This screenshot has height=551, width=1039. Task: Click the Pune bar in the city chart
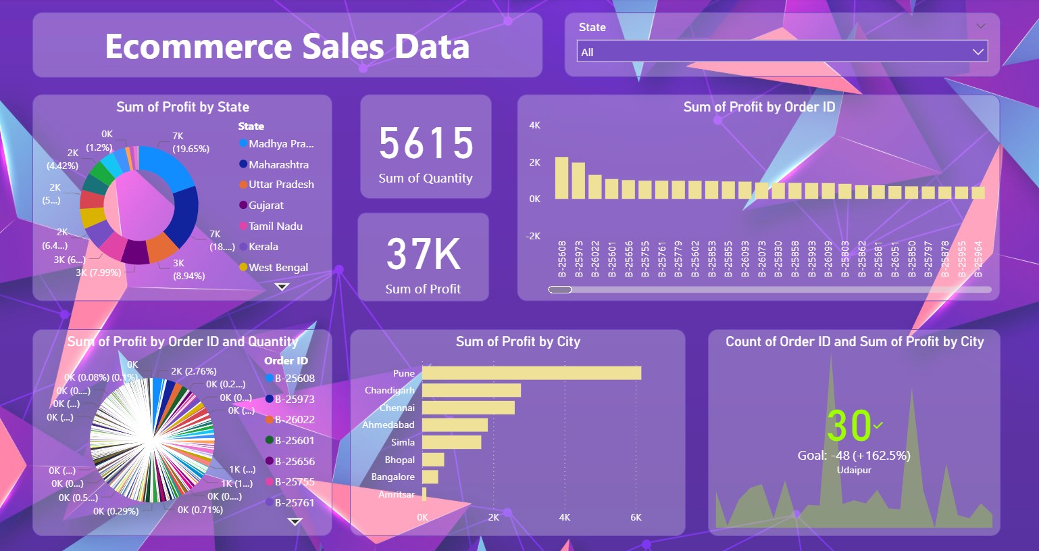point(531,373)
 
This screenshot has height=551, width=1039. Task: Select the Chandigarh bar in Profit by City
point(471,390)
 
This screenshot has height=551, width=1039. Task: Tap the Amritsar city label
point(397,494)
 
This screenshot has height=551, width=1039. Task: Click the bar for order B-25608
point(561,178)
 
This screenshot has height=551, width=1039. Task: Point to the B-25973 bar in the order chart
point(578,181)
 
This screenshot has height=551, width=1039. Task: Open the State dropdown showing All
point(782,52)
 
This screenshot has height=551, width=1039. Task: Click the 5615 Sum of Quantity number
point(426,143)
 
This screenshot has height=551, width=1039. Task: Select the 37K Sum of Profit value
point(424,254)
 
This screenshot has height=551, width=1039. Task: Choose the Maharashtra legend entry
point(278,164)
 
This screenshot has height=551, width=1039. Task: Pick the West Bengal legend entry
point(278,268)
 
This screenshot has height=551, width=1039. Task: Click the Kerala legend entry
point(263,247)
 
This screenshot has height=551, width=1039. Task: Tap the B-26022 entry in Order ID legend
point(294,420)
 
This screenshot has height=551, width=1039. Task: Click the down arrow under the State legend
point(282,287)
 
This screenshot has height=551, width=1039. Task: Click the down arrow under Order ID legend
point(295,521)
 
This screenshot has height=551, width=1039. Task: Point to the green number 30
point(848,426)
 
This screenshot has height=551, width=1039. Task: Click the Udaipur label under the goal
point(854,470)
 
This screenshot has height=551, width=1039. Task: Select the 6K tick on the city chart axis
point(636,517)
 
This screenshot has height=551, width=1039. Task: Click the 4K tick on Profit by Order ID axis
point(534,125)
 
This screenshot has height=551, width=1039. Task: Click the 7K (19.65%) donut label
point(190,143)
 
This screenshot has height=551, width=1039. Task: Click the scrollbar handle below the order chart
point(560,289)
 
